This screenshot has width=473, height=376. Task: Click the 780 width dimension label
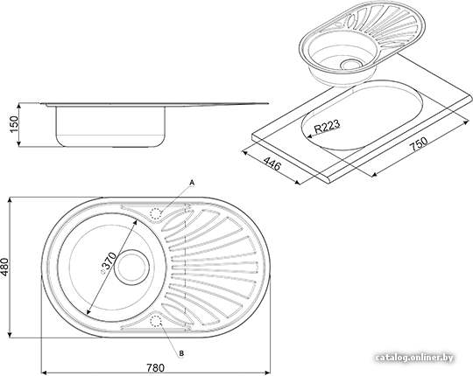[156, 368]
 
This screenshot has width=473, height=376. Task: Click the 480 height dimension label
[5, 267]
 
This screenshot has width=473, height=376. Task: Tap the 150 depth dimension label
[14, 124]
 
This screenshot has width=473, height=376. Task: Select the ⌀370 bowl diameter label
[108, 262]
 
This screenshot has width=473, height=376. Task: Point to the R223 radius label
[327, 126]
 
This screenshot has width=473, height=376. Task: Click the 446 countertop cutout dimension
[272, 164]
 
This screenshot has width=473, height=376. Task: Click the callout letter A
[192, 183]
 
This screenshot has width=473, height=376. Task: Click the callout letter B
[181, 353]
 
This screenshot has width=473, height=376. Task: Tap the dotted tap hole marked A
[156, 213]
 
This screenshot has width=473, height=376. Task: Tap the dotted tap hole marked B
[156, 321]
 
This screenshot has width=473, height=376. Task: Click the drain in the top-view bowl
[131, 267]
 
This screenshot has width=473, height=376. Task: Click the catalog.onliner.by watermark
[415, 358]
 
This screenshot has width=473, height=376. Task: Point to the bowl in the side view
[110, 126]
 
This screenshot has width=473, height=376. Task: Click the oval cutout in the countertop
[362, 115]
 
